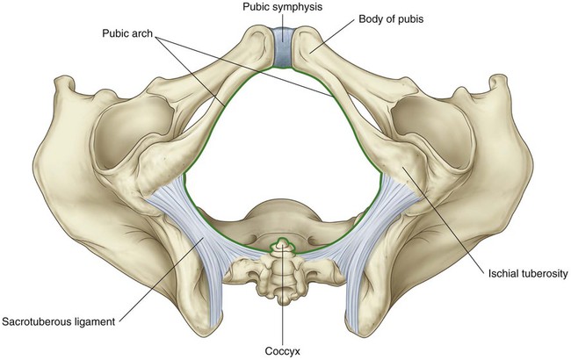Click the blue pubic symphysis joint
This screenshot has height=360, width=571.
click(285, 47)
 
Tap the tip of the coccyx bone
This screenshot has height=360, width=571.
click(282, 243)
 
